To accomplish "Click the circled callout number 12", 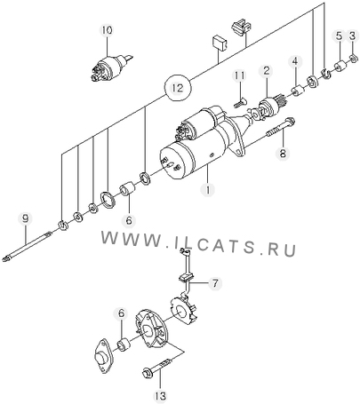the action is click(x=178, y=88).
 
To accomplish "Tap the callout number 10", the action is click(x=108, y=30).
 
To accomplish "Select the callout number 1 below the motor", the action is click(x=208, y=189).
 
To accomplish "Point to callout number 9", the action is click(x=26, y=219).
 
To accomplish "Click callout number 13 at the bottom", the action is click(x=160, y=395).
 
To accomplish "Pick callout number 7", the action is click(x=215, y=283).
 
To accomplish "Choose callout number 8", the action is click(x=283, y=153).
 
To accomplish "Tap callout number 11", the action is click(x=239, y=75).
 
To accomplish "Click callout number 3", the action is click(x=352, y=36).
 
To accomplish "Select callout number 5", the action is click(x=339, y=36).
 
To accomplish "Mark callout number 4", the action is click(x=295, y=61).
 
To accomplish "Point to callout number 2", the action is click(x=267, y=71).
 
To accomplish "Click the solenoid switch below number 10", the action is click(x=111, y=67).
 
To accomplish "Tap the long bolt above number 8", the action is click(x=280, y=128).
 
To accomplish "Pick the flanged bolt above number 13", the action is click(x=158, y=366).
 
